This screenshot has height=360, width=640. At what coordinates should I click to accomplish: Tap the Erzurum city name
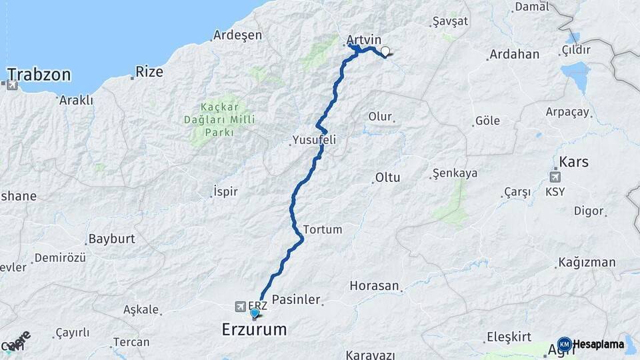254,329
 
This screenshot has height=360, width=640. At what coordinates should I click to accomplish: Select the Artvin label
365,39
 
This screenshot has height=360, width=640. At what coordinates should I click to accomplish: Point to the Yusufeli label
313,141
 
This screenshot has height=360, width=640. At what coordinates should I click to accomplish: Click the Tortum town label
323,229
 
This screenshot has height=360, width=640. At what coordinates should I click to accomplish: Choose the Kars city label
574,162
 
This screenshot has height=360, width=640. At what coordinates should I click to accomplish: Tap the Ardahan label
514,55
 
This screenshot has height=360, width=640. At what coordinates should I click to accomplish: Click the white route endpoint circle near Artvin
385,51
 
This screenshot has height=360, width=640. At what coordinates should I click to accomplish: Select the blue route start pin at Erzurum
254,313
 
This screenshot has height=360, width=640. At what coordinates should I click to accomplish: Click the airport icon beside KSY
555,177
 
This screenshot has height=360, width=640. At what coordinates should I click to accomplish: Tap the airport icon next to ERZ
239,306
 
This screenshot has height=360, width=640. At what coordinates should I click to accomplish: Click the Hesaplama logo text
598,345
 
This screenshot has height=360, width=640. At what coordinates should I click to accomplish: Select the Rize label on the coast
149,71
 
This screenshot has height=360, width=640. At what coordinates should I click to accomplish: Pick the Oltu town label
387,178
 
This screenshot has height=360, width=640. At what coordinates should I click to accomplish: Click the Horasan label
374,286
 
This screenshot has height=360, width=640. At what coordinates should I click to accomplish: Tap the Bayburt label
112,238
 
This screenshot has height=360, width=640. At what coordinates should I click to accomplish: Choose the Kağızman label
587,262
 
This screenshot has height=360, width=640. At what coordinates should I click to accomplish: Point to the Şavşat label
450,21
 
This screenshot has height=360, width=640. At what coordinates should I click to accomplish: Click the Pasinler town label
297,300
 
